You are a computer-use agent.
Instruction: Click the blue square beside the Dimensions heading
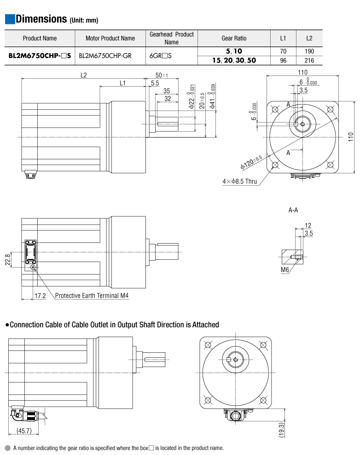[x=10, y=19]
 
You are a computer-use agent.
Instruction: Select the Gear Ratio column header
[x=234, y=38]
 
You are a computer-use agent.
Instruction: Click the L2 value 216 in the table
[x=309, y=60]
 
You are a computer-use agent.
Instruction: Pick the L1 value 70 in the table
[x=283, y=52]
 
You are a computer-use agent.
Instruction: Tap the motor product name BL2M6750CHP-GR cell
[x=105, y=56]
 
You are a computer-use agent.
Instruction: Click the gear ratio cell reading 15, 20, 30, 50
[x=234, y=60]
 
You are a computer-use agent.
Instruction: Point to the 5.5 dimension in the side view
[x=155, y=83]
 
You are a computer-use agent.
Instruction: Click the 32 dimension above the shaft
[x=168, y=99]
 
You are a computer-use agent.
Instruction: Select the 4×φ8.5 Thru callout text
[x=239, y=181]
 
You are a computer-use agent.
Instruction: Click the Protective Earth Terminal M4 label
[x=92, y=296]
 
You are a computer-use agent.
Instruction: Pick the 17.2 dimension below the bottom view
[x=41, y=296]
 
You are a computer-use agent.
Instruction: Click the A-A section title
[x=293, y=210]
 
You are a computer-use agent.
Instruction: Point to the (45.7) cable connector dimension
[x=23, y=431]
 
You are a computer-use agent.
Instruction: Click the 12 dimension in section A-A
[x=308, y=226]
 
